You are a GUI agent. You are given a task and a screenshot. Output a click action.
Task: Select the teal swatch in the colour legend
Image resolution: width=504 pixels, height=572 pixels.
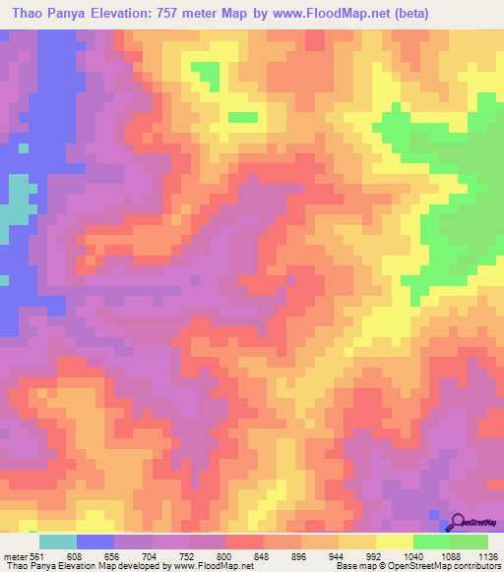[x=58, y=542]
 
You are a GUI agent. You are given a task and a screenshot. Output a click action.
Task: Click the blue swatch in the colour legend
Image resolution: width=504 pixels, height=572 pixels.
[x=96, y=542]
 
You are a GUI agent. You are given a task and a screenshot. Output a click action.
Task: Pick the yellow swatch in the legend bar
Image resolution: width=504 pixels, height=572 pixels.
[x=394, y=542]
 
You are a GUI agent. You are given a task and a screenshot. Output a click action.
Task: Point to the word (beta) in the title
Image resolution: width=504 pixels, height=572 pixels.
[x=409, y=15]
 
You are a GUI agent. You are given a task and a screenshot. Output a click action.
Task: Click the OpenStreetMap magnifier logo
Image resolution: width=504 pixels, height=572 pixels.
[x=460, y=522]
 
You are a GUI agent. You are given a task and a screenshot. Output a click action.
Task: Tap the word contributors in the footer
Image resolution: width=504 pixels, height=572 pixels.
[x=472, y=566]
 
